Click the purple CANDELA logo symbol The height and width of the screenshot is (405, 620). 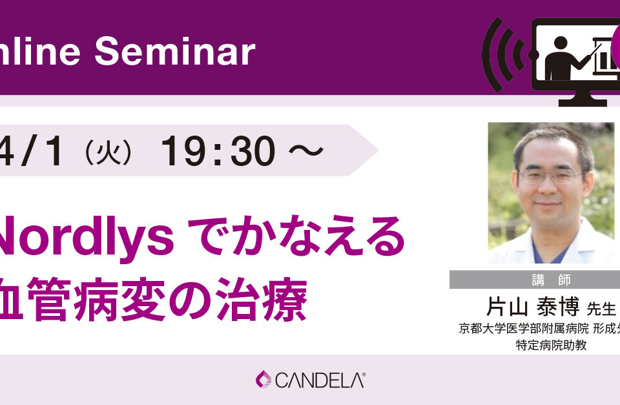tap(263, 379)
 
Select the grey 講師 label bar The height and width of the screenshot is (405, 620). tap(535, 279)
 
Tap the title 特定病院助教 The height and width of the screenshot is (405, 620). tap(551, 345)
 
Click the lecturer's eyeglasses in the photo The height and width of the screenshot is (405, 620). tap(549, 175)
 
